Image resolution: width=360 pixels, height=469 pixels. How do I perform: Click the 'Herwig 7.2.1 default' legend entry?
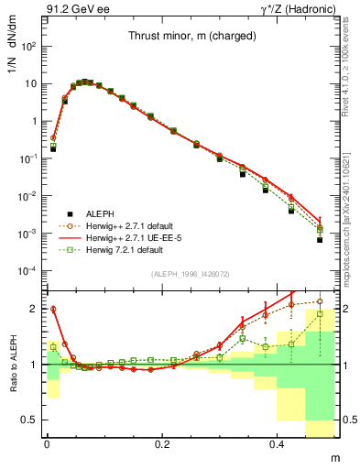pos(129,249)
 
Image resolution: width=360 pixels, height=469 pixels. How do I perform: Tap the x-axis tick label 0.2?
pos(163,443)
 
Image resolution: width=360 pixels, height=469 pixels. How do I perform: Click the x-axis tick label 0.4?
pos(279,443)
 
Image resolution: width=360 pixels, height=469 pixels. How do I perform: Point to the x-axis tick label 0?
pos(47,443)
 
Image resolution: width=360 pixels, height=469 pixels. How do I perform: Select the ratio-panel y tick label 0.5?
pos(29,420)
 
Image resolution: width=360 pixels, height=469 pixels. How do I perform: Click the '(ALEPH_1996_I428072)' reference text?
pos(191,275)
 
